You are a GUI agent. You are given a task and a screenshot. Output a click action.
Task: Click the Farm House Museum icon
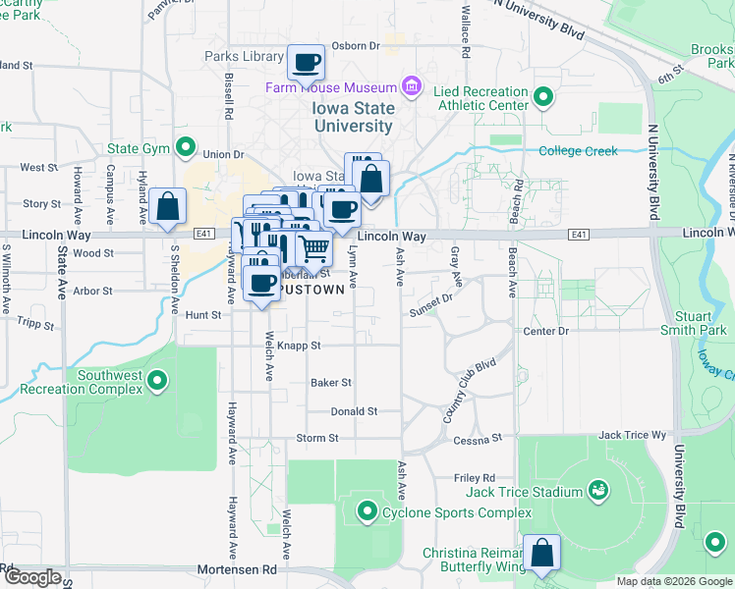click(411, 88)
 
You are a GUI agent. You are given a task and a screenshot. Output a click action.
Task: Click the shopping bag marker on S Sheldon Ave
click(168, 207)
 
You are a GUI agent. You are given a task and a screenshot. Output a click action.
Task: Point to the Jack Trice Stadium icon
click(596, 490)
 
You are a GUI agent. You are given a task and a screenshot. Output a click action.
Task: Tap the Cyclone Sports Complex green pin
click(367, 511)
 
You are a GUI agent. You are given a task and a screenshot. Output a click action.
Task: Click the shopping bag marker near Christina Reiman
click(541, 554)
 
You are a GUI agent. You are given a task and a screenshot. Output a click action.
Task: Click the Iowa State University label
click(354, 117)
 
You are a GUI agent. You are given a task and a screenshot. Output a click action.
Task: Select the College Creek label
click(579, 151)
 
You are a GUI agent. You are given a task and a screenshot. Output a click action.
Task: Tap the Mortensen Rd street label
click(235, 568)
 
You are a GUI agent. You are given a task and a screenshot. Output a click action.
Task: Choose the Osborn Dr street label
click(355, 45)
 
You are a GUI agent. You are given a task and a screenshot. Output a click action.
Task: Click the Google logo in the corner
click(31, 578)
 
